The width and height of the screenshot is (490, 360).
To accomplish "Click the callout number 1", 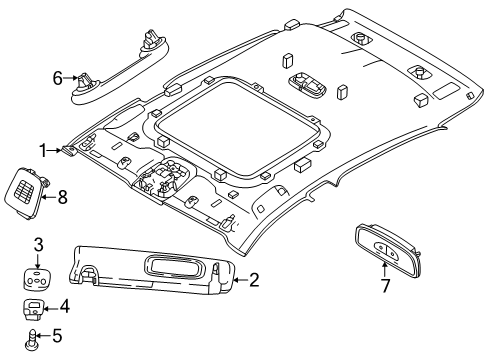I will [x=44, y=150].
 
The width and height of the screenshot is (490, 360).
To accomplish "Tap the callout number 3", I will [x=38, y=244].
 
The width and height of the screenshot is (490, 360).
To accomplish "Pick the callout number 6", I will [x=58, y=75].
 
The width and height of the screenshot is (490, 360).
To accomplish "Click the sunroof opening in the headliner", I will [x=240, y=120].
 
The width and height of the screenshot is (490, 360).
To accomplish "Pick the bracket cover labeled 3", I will [x=38, y=276].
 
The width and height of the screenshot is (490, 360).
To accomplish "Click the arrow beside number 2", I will [x=238, y=281].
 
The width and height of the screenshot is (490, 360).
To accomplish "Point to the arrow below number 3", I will [x=38, y=258].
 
